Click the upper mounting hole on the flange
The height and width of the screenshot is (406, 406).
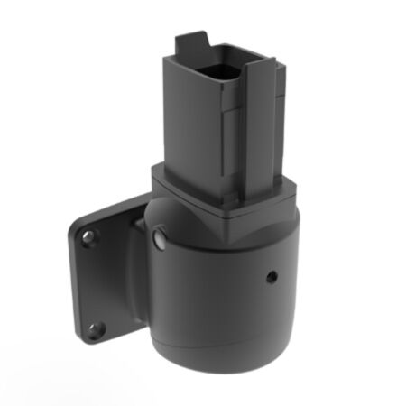(x=88, y=238)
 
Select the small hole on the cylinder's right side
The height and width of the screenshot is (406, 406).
(x=270, y=276)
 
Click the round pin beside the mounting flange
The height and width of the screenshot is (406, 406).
(x=160, y=238)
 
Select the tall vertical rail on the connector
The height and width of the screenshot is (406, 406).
(x=259, y=126)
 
